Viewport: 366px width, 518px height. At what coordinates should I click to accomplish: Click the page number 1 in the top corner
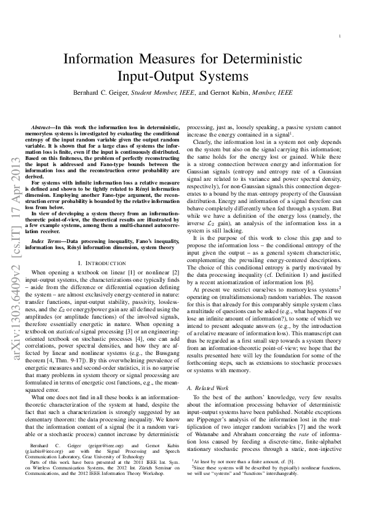point(340,36)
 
